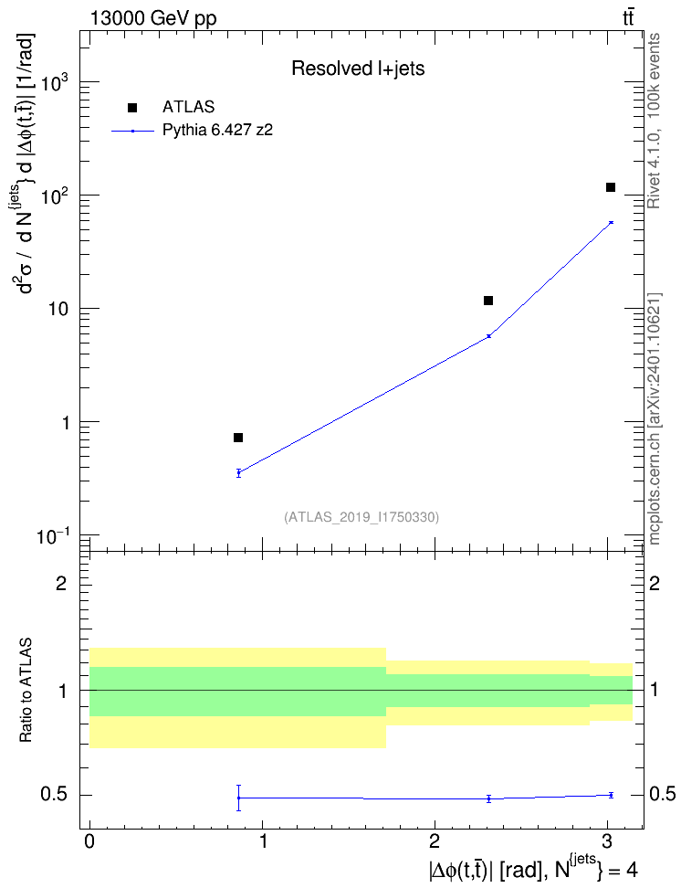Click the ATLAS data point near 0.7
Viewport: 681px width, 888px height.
pyautogui.click(x=238, y=438)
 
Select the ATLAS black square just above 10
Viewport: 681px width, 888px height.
pyautogui.click(x=488, y=301)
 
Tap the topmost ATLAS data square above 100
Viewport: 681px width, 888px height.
pyautogui.click(x=610, y=187)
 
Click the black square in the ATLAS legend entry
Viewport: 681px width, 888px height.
pyautogui.click(x=132, y=108)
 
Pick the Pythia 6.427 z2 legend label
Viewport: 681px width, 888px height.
pyautogui.click(x=217, y=131)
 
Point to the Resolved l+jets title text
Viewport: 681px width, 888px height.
pyautogui.click(x=358, y=69)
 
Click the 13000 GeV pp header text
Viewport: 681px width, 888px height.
pyautogui.click(x=153, y=18)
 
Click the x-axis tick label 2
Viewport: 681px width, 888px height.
pyautogui.click(x=435, y=841)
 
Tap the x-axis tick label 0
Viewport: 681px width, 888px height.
pyautogui.click(x=89, y=841)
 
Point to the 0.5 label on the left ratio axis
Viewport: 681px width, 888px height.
pyautogui.click(x=54, y=795)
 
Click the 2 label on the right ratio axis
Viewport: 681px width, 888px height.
pyautogui.click(x=655, y=583)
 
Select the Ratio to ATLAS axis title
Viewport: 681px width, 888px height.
pyautogui.click(x=26, y=690)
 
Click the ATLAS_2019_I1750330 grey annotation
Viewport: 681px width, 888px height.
pyautogui.click(x=361, y=517)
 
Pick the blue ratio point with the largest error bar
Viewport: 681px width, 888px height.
pyautogui.click(x=239, y=798)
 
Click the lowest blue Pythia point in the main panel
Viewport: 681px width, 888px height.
pyautogui.click(x=239, y=473)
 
